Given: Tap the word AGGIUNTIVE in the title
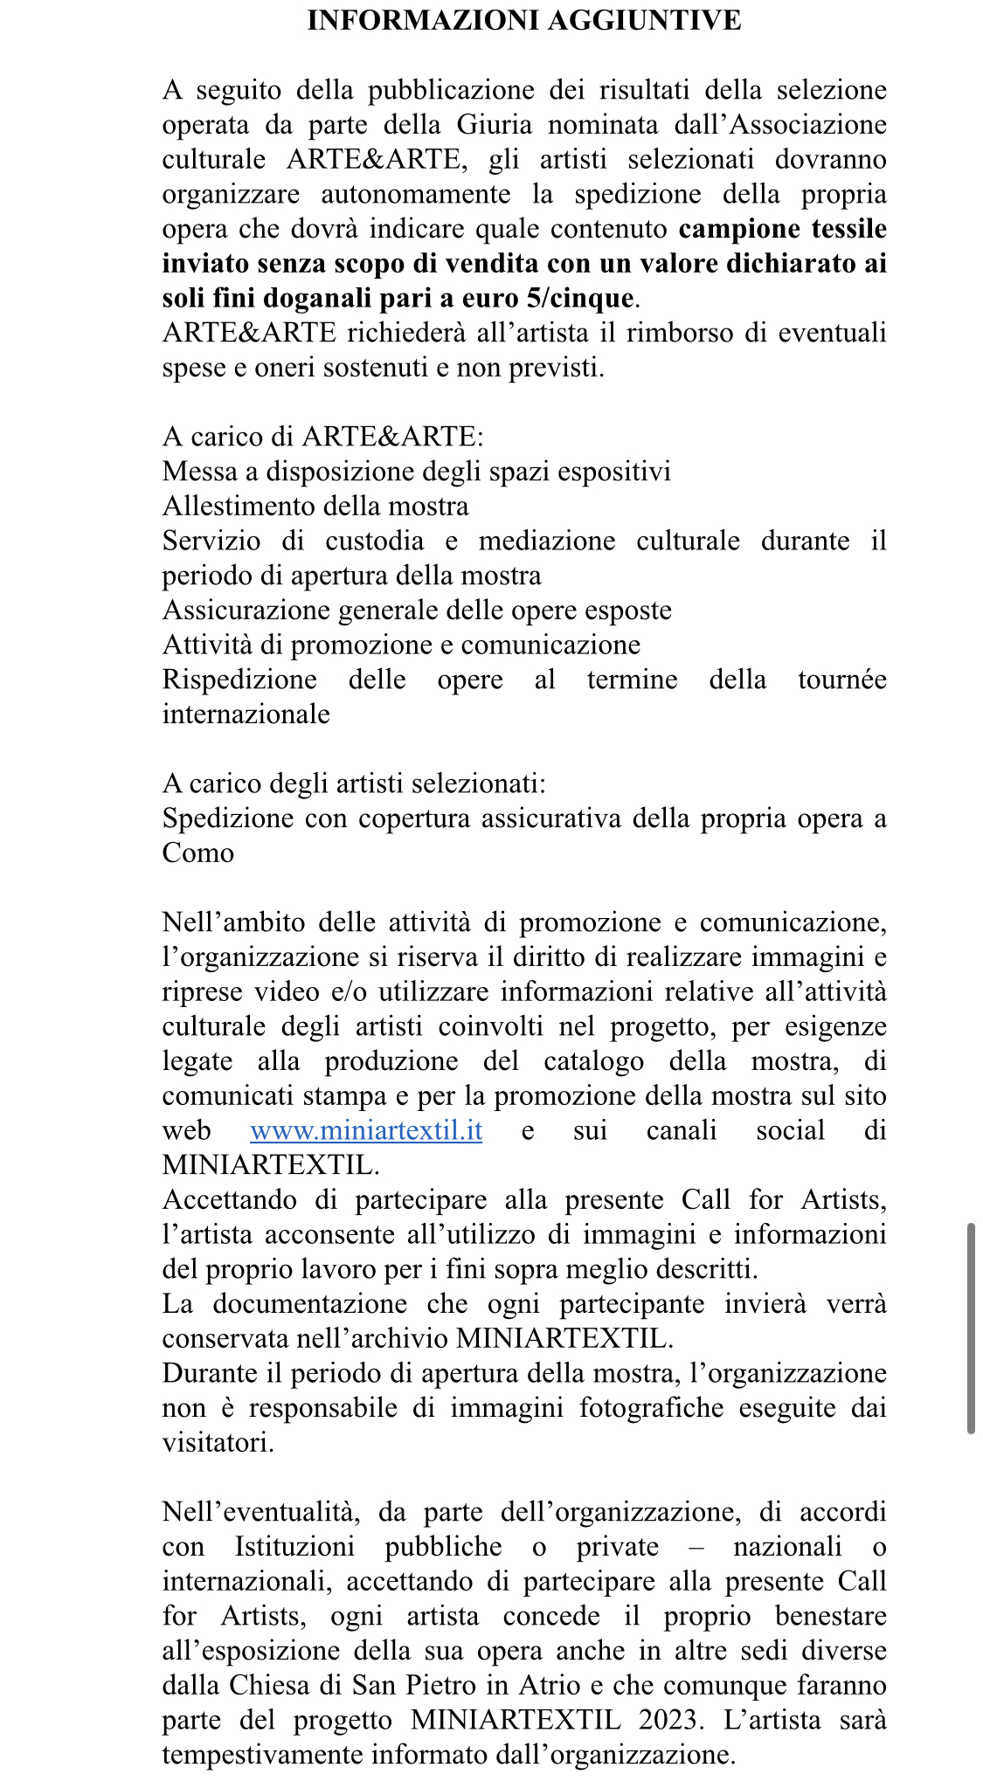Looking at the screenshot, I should (x=635, y=20).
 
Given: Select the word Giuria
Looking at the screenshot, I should (x=494, y=125).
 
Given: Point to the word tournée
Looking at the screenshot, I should (x=841, y=680).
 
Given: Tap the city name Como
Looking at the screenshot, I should (x=198, y=853).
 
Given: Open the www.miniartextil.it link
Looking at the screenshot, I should (x=366, y=1130).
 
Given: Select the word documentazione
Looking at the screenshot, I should (x=309, y=1304).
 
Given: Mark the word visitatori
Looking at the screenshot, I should (x=218, y=1442).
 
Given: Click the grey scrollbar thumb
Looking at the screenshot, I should (x=970, y=1328).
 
